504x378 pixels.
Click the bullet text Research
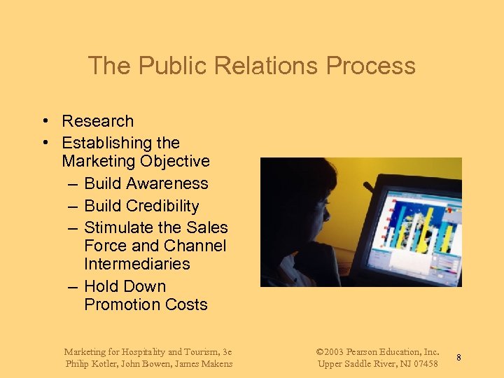[x=97, y=121]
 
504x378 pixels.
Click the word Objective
[x=175, y=162]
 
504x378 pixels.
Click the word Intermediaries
[x=137, y=265]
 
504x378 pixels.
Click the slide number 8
[x=458, y=358]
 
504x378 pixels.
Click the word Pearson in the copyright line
[x=365, y=351]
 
